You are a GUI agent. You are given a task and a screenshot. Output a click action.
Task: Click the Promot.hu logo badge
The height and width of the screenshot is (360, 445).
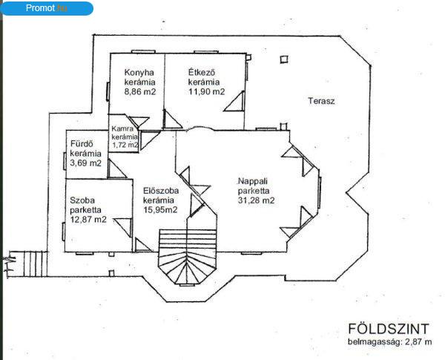pos(47,8)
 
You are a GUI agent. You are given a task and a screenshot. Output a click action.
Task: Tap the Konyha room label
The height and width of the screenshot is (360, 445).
pos(139,72)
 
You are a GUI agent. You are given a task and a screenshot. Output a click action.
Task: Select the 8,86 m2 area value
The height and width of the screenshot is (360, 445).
pos(140,91)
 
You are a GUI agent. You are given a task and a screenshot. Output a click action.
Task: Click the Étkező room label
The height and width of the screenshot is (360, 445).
pos(202,72)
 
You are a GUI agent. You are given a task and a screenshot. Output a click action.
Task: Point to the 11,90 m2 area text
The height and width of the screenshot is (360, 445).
pos(207,91)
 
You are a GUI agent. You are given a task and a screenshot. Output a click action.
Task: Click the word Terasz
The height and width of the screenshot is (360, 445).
pos(321,101)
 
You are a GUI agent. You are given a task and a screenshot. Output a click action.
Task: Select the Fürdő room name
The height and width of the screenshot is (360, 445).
pos(82,144)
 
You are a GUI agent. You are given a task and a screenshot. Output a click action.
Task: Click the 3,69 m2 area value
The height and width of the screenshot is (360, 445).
pos(86,163)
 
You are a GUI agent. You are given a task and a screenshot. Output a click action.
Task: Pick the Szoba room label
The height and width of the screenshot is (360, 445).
pos(82,200)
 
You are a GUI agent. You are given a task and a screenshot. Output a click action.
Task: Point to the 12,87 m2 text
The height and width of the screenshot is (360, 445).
pos(88,220)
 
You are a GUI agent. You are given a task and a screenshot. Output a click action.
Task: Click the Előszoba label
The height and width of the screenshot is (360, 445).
pos(161,190)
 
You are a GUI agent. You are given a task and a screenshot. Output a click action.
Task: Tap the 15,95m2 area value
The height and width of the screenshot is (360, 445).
pos(160,210)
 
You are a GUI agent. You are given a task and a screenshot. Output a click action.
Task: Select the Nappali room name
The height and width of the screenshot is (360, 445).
pos(253,181)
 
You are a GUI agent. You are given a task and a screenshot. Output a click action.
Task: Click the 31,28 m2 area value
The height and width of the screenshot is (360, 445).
pos(257,200)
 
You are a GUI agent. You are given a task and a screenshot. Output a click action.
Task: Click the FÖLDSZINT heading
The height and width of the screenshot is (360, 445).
pos(389,329)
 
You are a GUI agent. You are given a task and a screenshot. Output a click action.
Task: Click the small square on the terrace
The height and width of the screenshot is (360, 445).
pos(284,59)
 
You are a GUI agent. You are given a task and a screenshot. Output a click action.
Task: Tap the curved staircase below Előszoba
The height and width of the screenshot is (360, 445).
pos(188,256)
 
